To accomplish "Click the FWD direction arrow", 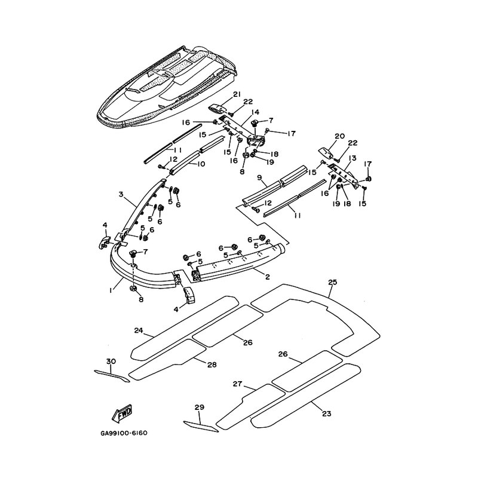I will click(x=122, y=413).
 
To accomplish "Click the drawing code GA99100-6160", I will click(x=124, y=433).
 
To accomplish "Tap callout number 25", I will click(x=333, y=281).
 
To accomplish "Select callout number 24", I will click(x=138, y=330).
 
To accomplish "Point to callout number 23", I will click(x=326, y=413).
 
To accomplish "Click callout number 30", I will click(x=110, y=361).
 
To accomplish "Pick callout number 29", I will click(x=200, y=407).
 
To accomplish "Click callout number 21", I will click(x=237, y=95).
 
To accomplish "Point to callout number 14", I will click(x=255, y=112).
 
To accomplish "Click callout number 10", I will click(x=201, y=164).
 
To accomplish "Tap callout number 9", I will click(x=259, y=177).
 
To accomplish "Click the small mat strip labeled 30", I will click(x=112, y=375).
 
